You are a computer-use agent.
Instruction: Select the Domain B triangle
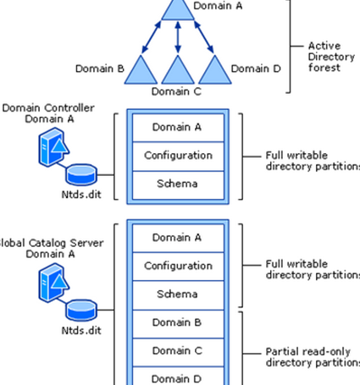(141, 69)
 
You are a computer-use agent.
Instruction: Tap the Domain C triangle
(178, 69)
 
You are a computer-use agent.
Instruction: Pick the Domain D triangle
(213, 69)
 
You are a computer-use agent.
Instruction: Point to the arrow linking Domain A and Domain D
(199, 37)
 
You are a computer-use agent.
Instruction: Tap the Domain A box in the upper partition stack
(177, 127)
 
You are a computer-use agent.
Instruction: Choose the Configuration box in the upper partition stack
(177, 156)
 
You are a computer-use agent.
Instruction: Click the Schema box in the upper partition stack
(177, 184)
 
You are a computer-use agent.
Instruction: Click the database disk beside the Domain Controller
(81, 174)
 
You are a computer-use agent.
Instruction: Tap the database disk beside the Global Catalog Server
(81, 308)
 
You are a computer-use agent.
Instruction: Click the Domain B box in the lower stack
(177, 322)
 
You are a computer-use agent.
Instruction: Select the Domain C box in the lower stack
(177, 350)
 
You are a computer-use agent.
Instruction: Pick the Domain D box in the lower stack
(177, 377)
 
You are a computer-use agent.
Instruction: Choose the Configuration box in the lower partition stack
(177, 266)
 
